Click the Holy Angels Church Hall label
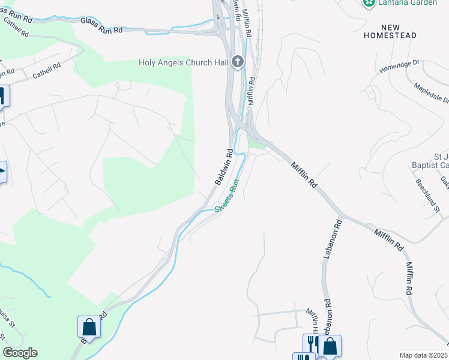tap(184, 62)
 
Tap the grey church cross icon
tap(238, 62)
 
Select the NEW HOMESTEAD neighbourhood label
tap(390, 32)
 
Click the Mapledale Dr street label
tap(431, 93)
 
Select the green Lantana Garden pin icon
tap(369, 3)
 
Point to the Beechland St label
tap(429, 194)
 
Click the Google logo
tap(20, 353)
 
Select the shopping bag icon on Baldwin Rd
tap(89, 328)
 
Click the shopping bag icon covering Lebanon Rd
tap(330, 346)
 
